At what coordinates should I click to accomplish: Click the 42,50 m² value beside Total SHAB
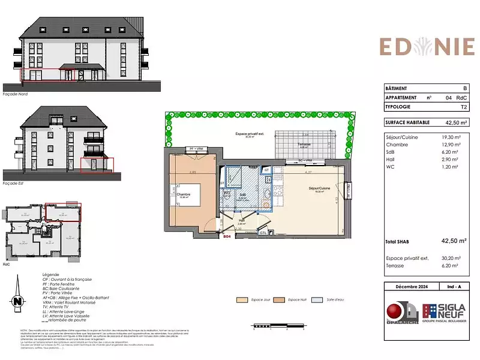pos(454,241)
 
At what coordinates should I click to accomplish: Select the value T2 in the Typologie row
pos(463,106)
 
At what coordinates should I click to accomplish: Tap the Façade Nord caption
pos(16,94)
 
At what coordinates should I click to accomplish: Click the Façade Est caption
pos(14,182)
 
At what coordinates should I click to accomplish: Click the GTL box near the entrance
pos(263,233)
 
